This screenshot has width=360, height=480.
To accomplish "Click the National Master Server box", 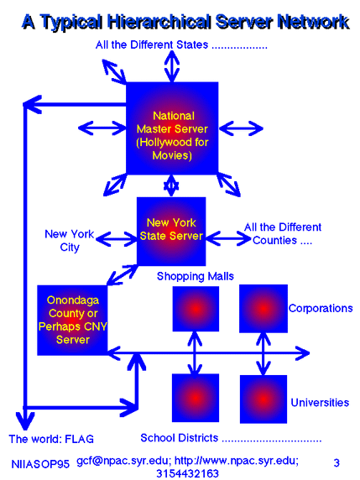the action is pyautogui.click(x=172, y=128).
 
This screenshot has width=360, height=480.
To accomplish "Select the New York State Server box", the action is pyautogui.click(x=171, y=231).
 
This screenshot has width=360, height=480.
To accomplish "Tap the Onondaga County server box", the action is pyautogui.click(x=72, y=321).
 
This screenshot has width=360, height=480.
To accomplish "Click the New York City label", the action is pyautogui.click(x=70, y=241).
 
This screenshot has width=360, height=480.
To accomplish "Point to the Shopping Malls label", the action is pyautogui.click(x=196, y=276).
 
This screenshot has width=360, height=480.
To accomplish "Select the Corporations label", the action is pyautogui.click(x=321, y=308).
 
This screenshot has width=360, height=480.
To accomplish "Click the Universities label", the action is pyautogui.click(x=320, y=402).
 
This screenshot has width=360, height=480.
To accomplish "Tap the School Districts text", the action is pyautogui.click(x=179, y=438).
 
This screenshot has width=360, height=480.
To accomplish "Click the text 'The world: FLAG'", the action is pyautogui.click(x=51, y=439).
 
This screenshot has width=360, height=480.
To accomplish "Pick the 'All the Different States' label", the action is pyautogui.click(x=152, y=45).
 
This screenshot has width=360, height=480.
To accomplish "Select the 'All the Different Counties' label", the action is pyautogui.click(x=283, y=233).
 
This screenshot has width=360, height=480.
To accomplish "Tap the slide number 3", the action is pyautogui.click(x=337, y=462).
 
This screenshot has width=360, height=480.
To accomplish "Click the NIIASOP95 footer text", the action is pyautogui.click(x=40, y=464).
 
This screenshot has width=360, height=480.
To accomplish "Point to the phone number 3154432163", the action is pyautogui.click(x=187, y=473).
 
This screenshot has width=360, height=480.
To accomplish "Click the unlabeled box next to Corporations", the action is pyautogui.click(x=263, y=309).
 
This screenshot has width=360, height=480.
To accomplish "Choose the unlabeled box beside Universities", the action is pyautogui.click(x=263, y=399).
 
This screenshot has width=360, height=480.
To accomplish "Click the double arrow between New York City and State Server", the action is pyautogui.click(x=117, y=239).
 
